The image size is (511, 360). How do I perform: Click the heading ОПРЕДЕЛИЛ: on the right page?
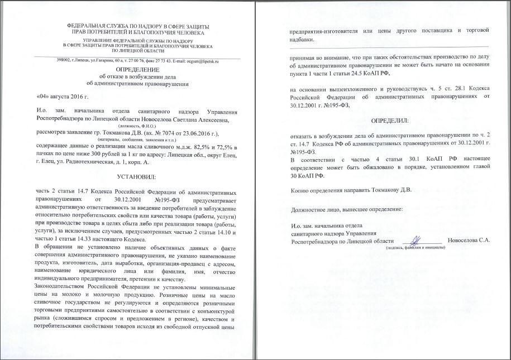(389, 121)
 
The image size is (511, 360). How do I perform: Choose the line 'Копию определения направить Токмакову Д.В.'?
(351, 190)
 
